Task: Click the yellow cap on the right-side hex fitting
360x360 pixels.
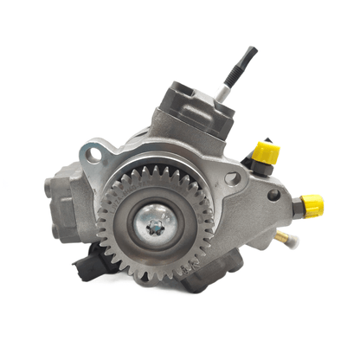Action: tap(312, 206)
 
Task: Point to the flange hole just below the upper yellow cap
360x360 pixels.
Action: tap(231, 178)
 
